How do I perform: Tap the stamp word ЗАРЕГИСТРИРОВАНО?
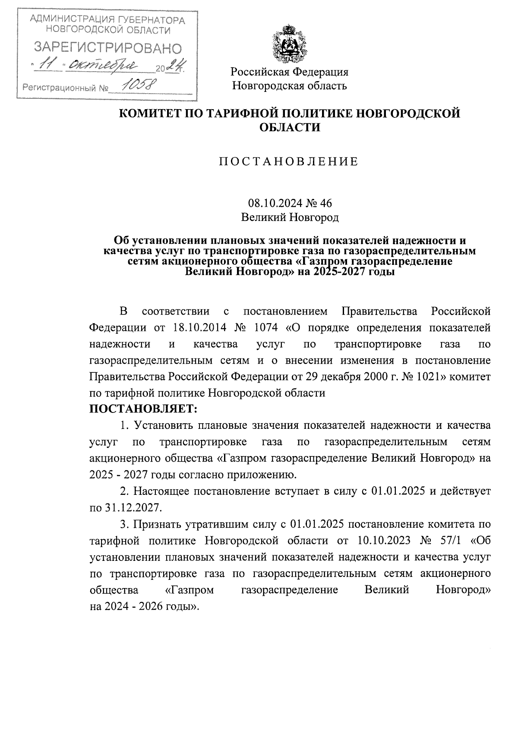coord(108,48)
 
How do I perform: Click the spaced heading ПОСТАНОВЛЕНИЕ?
coord(289,162)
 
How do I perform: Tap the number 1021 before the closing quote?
coord(430,376)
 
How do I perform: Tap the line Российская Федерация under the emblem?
coord(289,72)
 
